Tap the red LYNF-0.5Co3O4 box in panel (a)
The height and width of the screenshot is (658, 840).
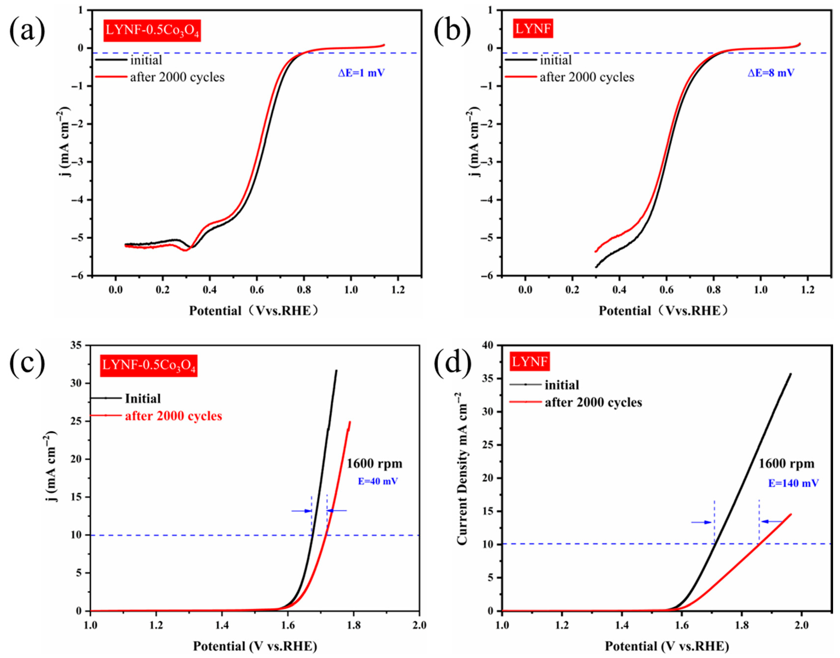[152, 31]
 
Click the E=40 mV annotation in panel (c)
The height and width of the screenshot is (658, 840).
[378, 481]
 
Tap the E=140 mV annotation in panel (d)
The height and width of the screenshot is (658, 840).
[793, 483]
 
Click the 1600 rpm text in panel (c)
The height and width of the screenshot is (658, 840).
[374, 464]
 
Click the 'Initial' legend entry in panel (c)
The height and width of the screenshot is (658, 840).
[143, 398]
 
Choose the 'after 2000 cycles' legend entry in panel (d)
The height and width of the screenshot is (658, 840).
[593, 402]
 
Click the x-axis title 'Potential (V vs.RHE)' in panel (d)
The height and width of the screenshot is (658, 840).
[667, 646]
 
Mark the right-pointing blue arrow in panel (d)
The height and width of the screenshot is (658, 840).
[701, 522]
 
